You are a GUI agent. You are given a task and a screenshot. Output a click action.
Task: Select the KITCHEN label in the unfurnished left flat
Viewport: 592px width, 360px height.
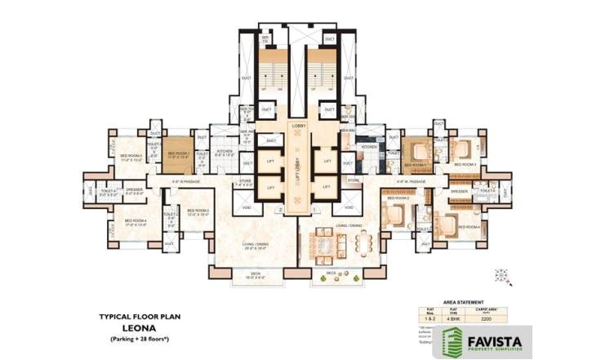pos(225,151)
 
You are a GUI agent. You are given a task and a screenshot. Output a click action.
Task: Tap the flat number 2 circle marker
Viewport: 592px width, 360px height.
pos(279,211)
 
